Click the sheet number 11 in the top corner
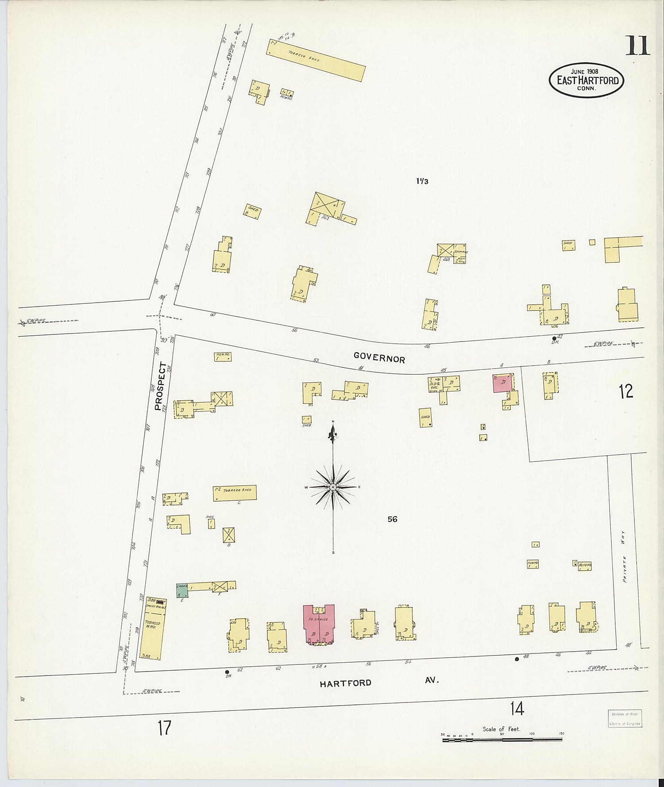point(637,46)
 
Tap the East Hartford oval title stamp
point(586,80)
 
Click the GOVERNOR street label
point(379,357)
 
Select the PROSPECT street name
point(160,387)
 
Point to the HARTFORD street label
point(345,683)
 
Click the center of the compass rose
point(333,487)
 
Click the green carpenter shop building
point(182,590)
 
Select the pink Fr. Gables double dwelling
point(319,624)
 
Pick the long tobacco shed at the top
point(316,61)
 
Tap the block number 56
point(392,519)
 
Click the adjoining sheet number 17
point(164,728)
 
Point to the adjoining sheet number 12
point(625,391)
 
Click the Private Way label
point(624,556)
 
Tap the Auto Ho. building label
point(585,565)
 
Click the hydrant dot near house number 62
point(227,672)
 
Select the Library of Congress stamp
point(623,718)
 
